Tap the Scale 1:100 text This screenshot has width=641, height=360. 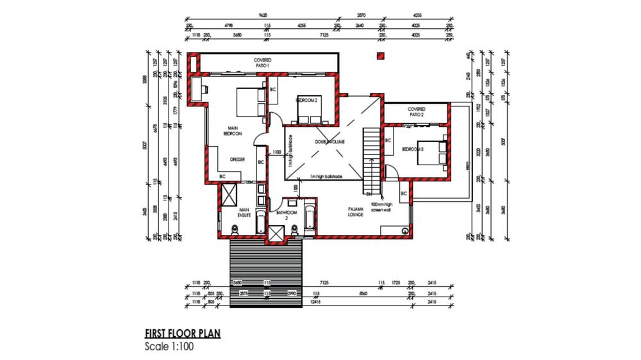click(169, 347)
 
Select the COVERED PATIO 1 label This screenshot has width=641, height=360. click(262, 63)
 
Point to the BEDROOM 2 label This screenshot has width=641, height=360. click(306, 101)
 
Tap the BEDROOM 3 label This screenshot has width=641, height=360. click(413, 149)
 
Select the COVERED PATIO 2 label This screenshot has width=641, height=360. click(417, 112)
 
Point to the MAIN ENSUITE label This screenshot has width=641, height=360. click(244, 212)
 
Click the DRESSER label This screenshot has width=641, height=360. click(238, 160)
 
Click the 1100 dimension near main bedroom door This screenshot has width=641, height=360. click(276, 152)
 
